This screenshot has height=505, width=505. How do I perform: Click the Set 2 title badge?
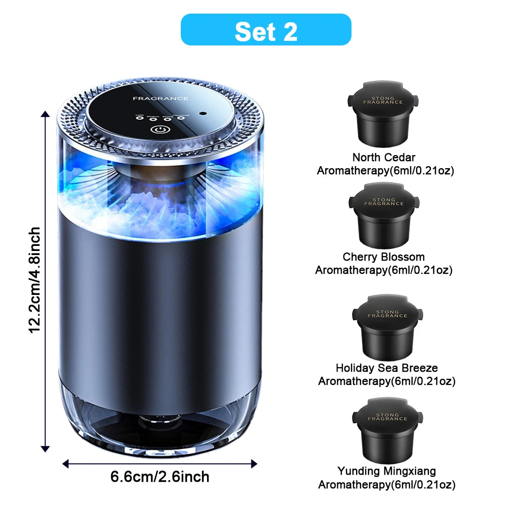266,30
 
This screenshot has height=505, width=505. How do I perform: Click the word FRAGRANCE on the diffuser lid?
161,98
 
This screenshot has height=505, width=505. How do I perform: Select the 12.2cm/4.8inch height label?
34,280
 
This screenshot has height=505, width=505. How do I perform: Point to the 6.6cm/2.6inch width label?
160,476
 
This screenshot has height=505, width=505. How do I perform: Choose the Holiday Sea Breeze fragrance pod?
387,325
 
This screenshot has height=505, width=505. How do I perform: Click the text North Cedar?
384,158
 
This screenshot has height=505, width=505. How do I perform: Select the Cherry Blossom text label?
384,257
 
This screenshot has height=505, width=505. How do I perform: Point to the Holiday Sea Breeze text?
387,368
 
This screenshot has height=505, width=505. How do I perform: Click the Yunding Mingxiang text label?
387,471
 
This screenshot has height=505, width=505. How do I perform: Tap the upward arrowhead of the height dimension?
45,115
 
